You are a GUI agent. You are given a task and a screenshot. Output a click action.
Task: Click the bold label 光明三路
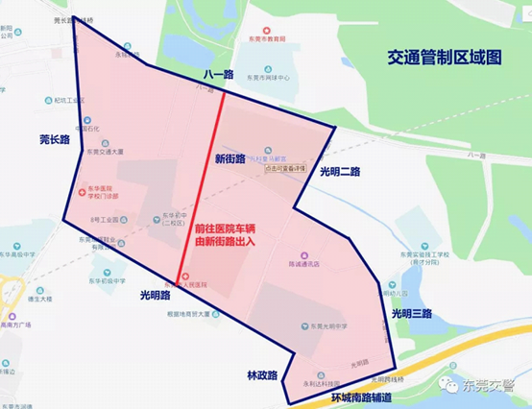click(411, 313)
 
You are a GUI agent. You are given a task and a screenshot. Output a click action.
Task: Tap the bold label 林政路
click(258, 375)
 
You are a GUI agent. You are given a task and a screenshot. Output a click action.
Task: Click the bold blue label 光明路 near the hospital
click(154, 295)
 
